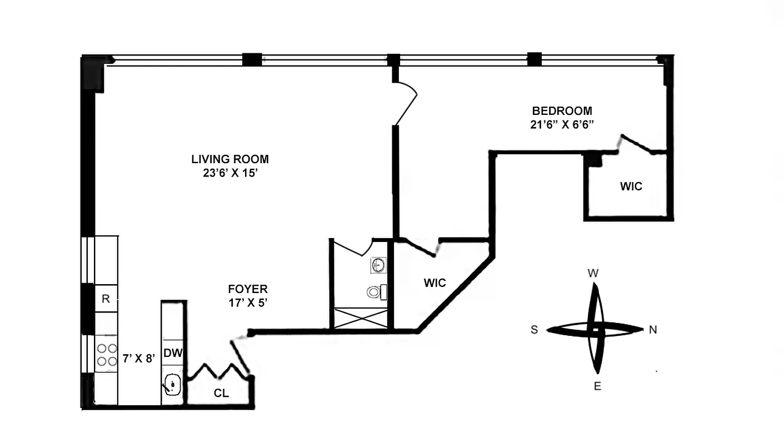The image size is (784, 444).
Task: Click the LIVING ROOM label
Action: click(230, 159)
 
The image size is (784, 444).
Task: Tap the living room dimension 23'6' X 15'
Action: click(230, 173)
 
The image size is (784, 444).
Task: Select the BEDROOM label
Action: click(562, 110)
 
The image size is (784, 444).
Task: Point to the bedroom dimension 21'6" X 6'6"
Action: click(562, 124)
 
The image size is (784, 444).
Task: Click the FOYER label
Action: click(248, 289)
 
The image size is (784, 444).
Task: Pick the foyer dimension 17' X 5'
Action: click(248, 303)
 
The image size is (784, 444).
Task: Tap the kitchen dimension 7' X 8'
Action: click(138, 359)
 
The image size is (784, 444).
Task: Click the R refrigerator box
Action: click(106, 299)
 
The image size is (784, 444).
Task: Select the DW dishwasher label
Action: click(173, 352)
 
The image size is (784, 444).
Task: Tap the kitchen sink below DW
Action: click(172, 384)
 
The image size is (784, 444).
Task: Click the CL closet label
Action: click(221, 393)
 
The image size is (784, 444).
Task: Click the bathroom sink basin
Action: click(378, 265)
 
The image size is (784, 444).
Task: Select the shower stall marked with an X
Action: click(360, 319)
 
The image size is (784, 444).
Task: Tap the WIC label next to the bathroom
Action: click(435, 283)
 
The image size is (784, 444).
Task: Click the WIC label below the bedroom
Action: click(631, 186)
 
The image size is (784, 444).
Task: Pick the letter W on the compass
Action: click(593, 273)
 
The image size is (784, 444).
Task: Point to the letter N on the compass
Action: click(653, 330)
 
